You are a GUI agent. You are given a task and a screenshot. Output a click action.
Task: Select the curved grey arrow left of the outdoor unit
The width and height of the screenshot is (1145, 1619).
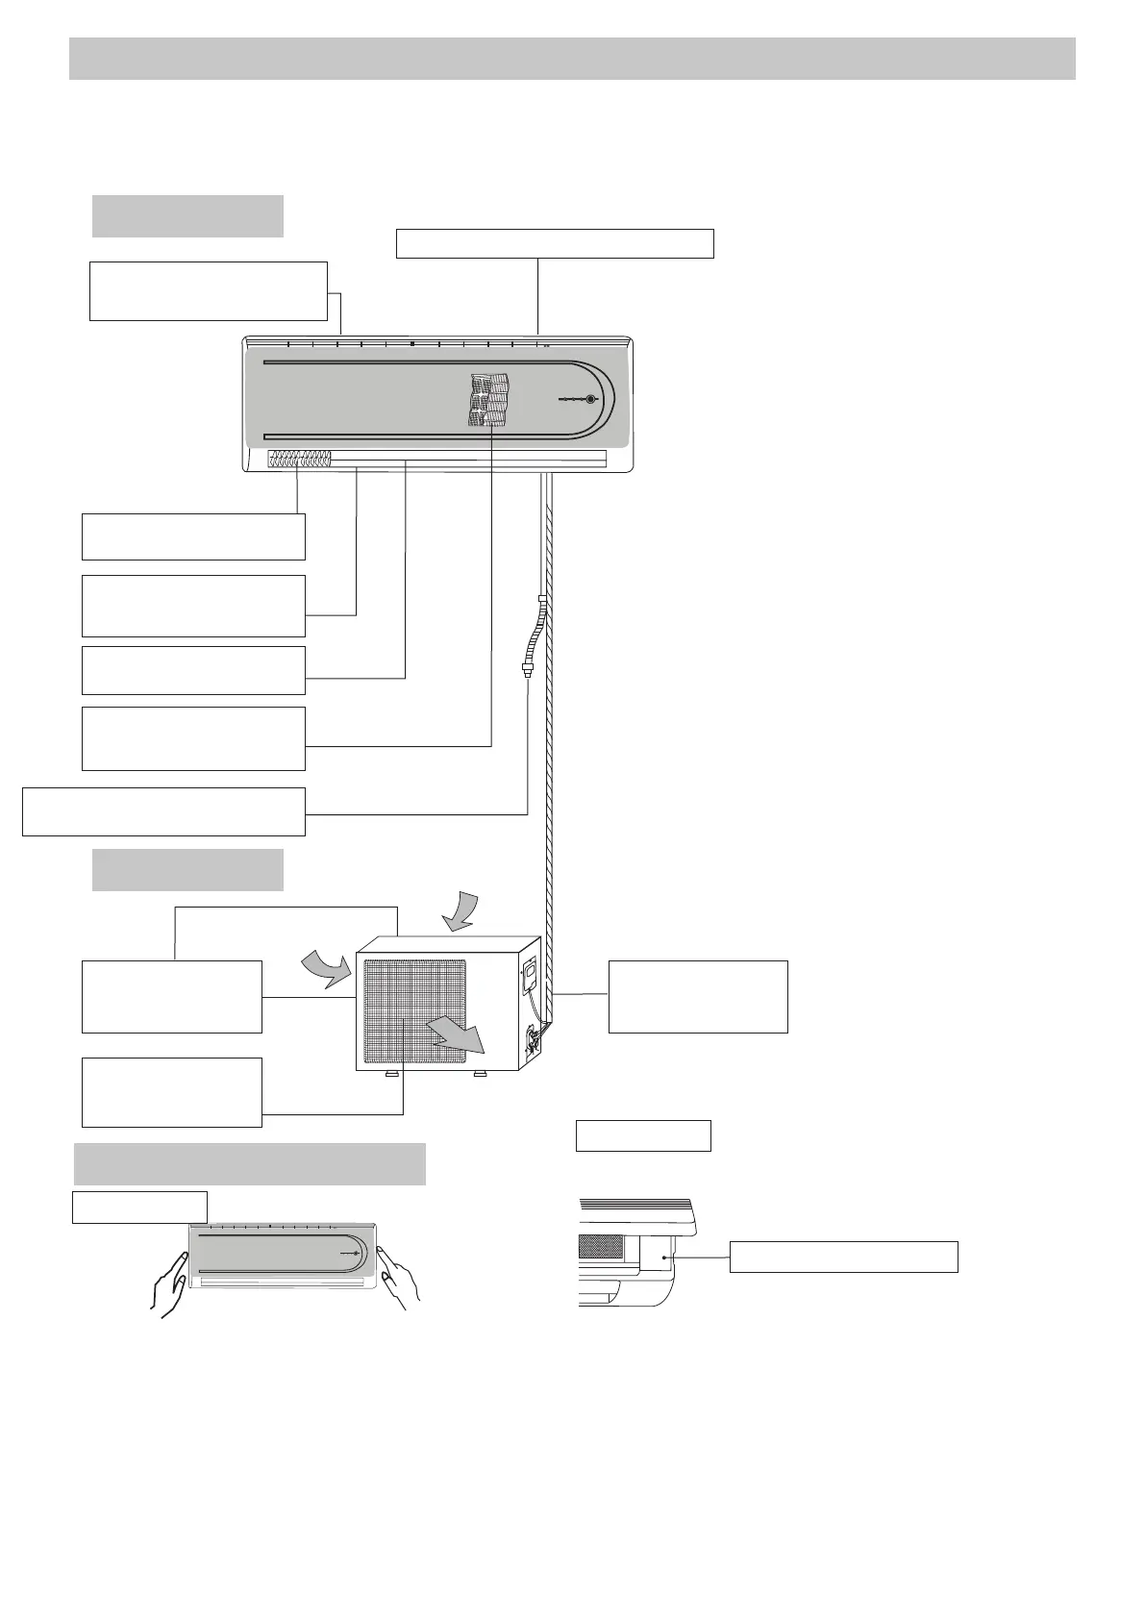point(326,966)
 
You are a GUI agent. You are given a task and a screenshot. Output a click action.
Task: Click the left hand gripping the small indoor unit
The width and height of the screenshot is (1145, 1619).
point(169,1283)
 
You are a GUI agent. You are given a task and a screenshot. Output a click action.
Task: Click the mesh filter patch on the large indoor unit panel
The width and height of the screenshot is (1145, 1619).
point(489,400)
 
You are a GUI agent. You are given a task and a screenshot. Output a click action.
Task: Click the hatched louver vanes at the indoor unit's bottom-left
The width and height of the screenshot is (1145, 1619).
point(299,459)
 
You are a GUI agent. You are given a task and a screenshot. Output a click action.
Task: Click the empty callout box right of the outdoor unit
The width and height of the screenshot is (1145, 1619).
point(698,996)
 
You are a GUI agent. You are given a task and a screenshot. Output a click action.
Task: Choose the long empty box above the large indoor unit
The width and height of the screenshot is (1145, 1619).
point(555,243)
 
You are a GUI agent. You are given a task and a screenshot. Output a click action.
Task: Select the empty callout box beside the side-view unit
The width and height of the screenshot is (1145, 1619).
point(843,1257)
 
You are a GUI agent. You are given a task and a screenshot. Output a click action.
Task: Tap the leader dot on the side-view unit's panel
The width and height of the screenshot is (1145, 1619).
point(664,1257)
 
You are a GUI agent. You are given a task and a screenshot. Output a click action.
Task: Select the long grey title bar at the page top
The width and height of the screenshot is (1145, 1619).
point(572,59)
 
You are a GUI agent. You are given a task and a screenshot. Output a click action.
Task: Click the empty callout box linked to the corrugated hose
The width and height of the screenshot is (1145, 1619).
point(163,811)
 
